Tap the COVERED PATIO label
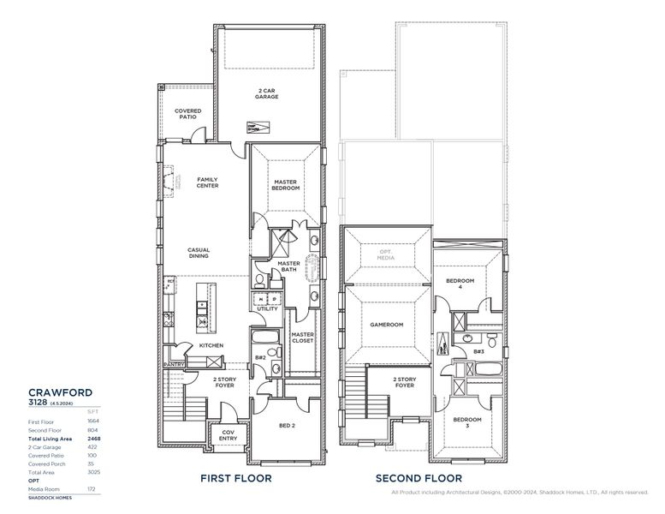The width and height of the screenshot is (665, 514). [x=187, y=114]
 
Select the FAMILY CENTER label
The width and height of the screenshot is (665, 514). [x=207, y=182]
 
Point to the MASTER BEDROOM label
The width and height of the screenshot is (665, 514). [x=286, y=185]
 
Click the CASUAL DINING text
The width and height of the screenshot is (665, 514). [x=199, y=254]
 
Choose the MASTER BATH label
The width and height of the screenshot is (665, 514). [x=288, y=267]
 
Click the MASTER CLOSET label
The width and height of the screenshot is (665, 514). [x=302, y=338]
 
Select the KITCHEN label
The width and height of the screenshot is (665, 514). [x=211, y=345]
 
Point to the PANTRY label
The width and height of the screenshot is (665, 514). [x=175, y=364]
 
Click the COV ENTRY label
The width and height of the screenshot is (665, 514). [x=229, y=435]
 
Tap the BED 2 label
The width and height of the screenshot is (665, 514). [x=287, y=426]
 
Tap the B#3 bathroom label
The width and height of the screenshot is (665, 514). [x=478, y=351]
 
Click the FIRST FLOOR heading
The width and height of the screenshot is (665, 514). [x=235, y=478]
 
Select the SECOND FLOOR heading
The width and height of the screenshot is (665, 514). [x=419, y=478]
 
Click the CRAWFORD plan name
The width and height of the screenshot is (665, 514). [x=60, y=391]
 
